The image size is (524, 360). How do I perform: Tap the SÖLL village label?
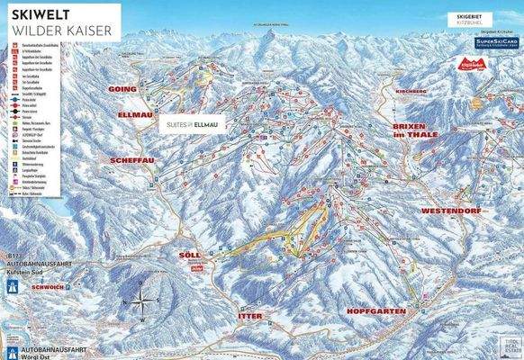tap(178, 256)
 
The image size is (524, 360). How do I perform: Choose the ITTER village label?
tap(248, 317)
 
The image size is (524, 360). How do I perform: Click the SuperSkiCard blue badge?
tap(493, 41)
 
